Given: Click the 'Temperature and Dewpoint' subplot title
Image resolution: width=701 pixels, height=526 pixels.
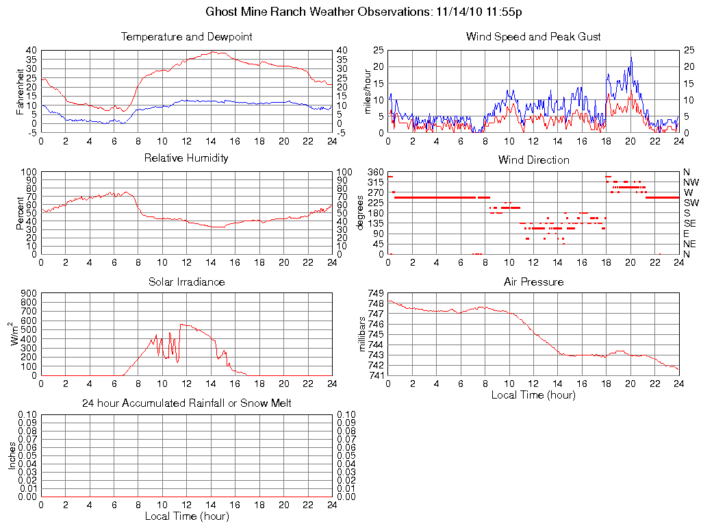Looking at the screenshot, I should point(186,36).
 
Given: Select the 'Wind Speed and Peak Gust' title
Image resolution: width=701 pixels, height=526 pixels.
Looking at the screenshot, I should point(533,36).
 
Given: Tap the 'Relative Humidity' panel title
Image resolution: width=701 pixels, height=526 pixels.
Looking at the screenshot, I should point(186,158).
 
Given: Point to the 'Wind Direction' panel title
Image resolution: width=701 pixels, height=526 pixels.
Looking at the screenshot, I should point(533,160).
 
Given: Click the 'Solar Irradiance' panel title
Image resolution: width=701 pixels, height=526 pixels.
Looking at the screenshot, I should point(186,281).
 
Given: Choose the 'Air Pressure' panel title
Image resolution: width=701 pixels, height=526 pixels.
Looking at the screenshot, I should point(533,281).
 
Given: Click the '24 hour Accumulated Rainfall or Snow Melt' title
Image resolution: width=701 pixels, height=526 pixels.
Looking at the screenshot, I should point(186,403).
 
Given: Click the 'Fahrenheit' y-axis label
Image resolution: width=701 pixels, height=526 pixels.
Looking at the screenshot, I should point(21,91).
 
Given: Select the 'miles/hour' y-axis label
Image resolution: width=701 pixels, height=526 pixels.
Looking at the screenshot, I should point(368,91).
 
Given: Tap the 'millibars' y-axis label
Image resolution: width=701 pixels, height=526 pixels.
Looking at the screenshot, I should point(364,334).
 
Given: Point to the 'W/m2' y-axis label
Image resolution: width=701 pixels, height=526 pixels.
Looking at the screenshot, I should point(15,334).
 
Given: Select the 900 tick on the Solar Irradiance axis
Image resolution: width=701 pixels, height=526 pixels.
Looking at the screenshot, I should point(29,293).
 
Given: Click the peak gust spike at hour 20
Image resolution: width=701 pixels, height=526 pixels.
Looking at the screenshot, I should point(630,58).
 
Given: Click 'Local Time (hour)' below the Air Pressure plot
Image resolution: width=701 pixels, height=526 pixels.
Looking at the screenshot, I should point(533,394).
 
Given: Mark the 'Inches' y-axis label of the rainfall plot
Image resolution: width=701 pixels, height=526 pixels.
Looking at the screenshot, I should point(12,455).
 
